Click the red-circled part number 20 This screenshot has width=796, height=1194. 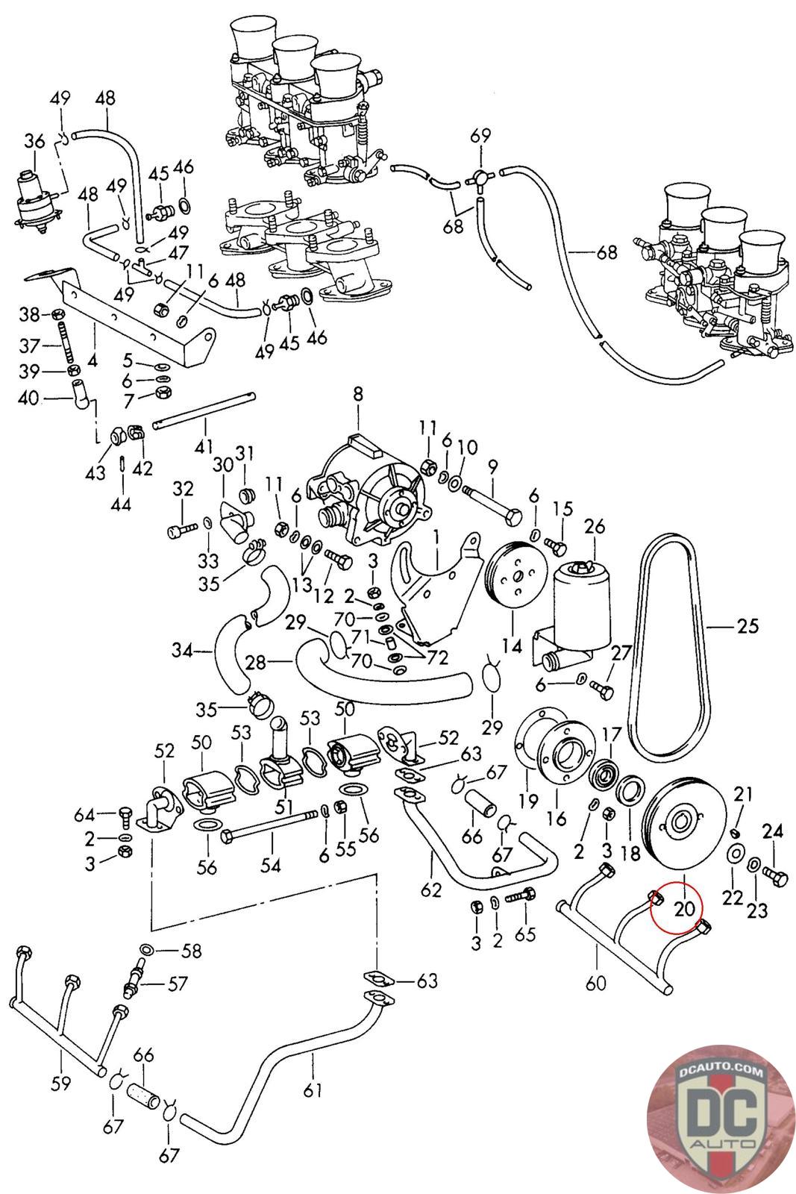(x=684, y=908)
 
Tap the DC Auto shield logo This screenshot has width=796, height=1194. (x=721, y=1116)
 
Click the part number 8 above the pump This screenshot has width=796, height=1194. (x=358, y=394)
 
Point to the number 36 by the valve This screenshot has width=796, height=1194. (x=34, y=141)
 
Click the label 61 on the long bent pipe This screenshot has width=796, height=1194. (x=313, y=1090)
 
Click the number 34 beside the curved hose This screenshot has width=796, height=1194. (x=181, y=651)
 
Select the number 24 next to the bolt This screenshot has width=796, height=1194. (x=773, y=829)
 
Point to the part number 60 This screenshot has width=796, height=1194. (x=596, y=983)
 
